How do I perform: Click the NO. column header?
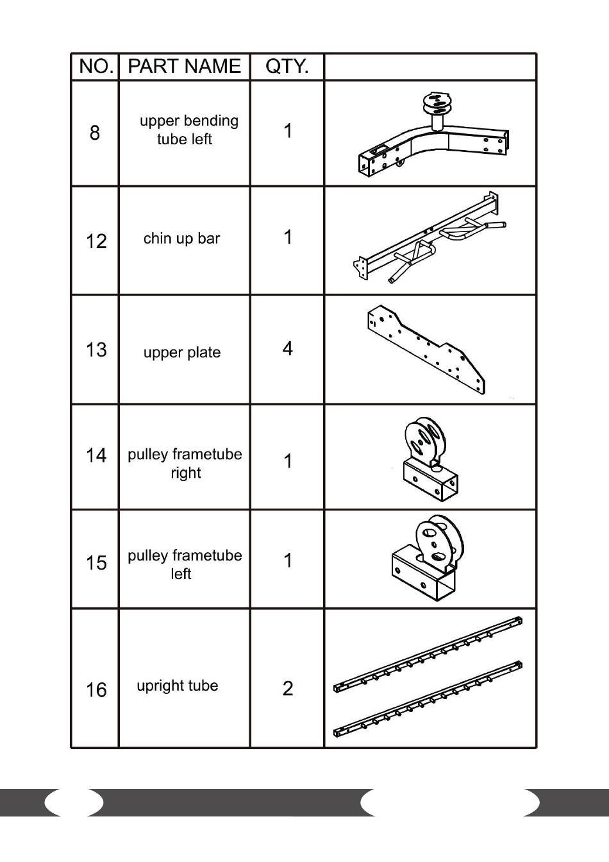coord(96,67)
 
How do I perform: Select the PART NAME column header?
coord(184,67)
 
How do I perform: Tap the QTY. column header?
coord(287,67)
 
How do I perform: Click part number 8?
coord(95,133)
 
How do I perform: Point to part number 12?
coord(96,241)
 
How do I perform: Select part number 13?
coord(96,350)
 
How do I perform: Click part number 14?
coord(96,455)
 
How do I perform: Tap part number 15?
coord(96,562)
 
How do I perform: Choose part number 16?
coord(96,689)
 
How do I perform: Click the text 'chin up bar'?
coord(181,239)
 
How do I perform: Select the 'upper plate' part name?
coord(182,352)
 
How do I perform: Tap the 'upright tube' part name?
coord(178,686)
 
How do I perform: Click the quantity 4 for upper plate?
coord(287,348)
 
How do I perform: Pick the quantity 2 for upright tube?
coord(287,688)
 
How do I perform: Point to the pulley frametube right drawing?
coord(428,459)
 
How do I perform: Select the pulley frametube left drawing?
coord(427,559)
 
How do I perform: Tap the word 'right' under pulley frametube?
coord(186,473)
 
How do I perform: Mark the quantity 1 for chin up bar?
coord(288,237)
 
